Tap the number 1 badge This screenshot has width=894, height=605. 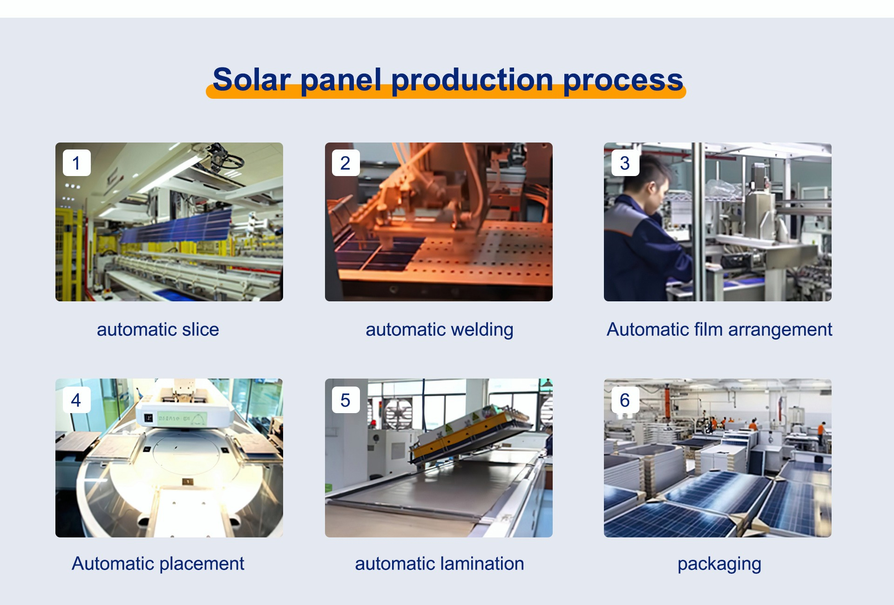pyautogui.click(x=76, y=163)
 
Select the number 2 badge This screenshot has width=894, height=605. pyautogui.click(x=345, y=163)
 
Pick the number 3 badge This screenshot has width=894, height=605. pyautogui.click(x=625, y=163)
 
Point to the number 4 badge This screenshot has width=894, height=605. pyautogui.click(x=76, y=400)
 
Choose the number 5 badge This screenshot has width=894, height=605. pyautogui.click(x=345, y=400)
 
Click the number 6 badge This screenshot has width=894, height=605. pyautogui.click(x=625, y=400)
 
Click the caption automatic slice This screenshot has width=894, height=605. pyautogui.click(x=158, y=329)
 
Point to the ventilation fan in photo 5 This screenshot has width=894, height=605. pyautogui.click(x=397, y=414)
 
